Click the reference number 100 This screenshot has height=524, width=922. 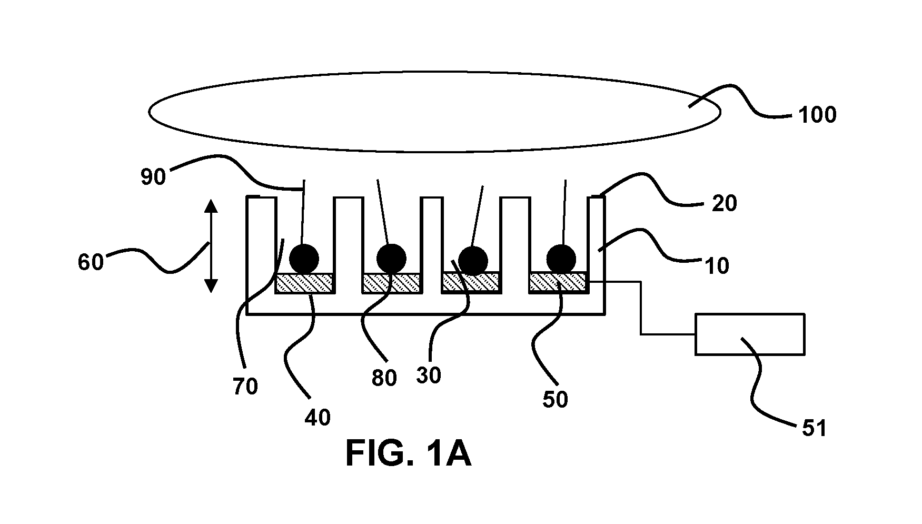point(817,115)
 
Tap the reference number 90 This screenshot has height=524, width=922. point(153,177)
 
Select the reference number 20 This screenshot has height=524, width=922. point(724,203)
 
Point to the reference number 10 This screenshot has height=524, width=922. point(716,266)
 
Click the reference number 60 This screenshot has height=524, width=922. point(91,262)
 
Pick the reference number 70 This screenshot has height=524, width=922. point(245,387)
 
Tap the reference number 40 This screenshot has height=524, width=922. point(318,418)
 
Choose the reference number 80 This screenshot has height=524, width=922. point(384,378)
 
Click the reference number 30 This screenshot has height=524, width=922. point(429,375)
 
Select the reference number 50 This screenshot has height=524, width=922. point(556,400)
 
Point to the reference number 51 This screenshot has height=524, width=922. point(814,428)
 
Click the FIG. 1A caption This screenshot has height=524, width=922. point(408,453)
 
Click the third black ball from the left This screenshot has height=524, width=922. point(473,260)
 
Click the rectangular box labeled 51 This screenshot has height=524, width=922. point(750,334)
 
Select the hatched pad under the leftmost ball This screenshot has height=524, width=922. point(304,283)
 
